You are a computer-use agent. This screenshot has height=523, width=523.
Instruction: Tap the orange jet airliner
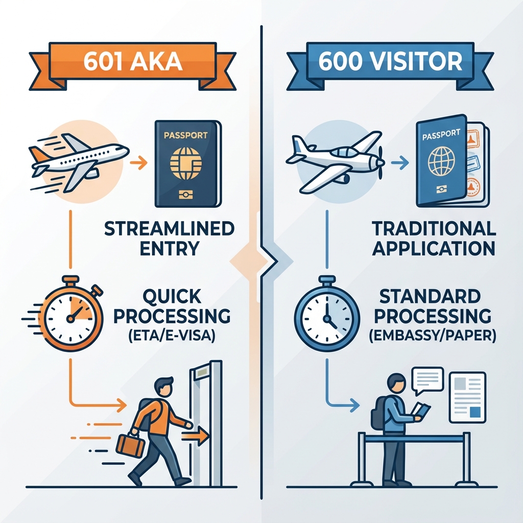79,159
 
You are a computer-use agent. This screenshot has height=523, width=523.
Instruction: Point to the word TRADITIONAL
434,229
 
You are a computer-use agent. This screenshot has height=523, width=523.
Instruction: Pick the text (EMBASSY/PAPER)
434,337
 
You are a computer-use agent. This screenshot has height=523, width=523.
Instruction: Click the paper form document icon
467,397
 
